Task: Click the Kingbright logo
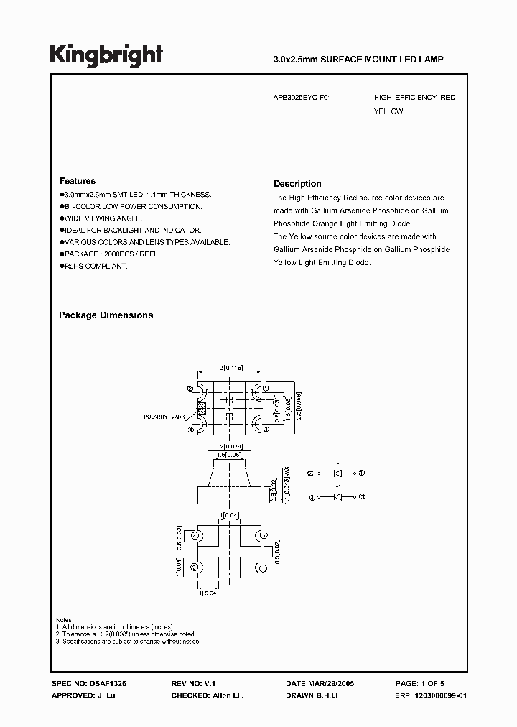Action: [x=106, y=55]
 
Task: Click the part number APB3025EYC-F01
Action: [x=302, y=97]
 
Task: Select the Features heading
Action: [x=77, y=181]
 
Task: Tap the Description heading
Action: [x=297, y=184]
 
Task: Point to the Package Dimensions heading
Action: [x=106, y=315]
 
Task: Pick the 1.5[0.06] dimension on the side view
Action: [x=228, y=455]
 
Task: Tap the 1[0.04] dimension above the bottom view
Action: [x=229, y=515]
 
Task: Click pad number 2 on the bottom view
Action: [x=193, y=568]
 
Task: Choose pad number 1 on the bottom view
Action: [x=263, y=568]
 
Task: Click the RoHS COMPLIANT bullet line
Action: [x=96, y=266]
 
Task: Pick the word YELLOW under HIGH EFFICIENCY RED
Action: [x=388, y=111]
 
